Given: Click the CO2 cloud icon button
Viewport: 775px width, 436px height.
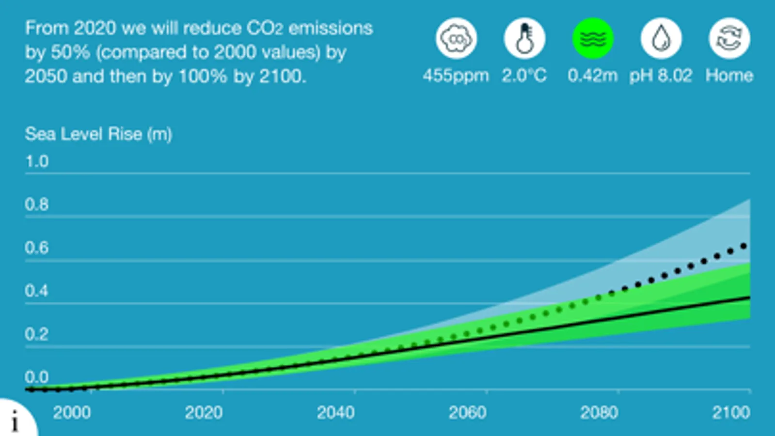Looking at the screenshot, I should (456, 38).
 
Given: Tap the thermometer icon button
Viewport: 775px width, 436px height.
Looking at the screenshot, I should (524, 38).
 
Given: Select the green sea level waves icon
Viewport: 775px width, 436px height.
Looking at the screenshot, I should (593, 38).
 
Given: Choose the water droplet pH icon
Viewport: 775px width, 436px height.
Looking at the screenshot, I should (661, 38).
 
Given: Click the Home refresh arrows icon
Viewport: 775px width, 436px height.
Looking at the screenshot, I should (729, 38).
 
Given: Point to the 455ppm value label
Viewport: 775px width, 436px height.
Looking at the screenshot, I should (456, 76).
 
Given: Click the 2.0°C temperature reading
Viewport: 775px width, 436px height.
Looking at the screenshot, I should (524, 76).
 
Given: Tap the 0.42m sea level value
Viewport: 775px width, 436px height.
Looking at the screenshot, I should (593, 76).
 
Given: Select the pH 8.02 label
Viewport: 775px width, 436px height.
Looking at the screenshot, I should (661, 76).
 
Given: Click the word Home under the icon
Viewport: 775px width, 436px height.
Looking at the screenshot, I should (729, 76).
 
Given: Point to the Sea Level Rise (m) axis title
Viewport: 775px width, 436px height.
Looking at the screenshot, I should (98, 134).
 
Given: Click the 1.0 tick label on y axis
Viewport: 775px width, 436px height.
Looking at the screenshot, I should (37, 161).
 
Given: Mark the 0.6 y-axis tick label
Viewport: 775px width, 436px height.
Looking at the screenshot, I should (37, 248).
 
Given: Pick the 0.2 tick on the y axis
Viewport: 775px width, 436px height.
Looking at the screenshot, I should (37, 334).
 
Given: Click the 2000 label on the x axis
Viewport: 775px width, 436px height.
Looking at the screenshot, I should (72, 413).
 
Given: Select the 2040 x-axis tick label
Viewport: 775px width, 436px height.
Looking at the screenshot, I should (335, 413).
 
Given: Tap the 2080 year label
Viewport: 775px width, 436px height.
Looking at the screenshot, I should (599, 413).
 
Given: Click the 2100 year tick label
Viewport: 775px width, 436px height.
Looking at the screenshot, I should (731, 413).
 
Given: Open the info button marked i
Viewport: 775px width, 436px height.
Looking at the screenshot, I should (15, 420).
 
